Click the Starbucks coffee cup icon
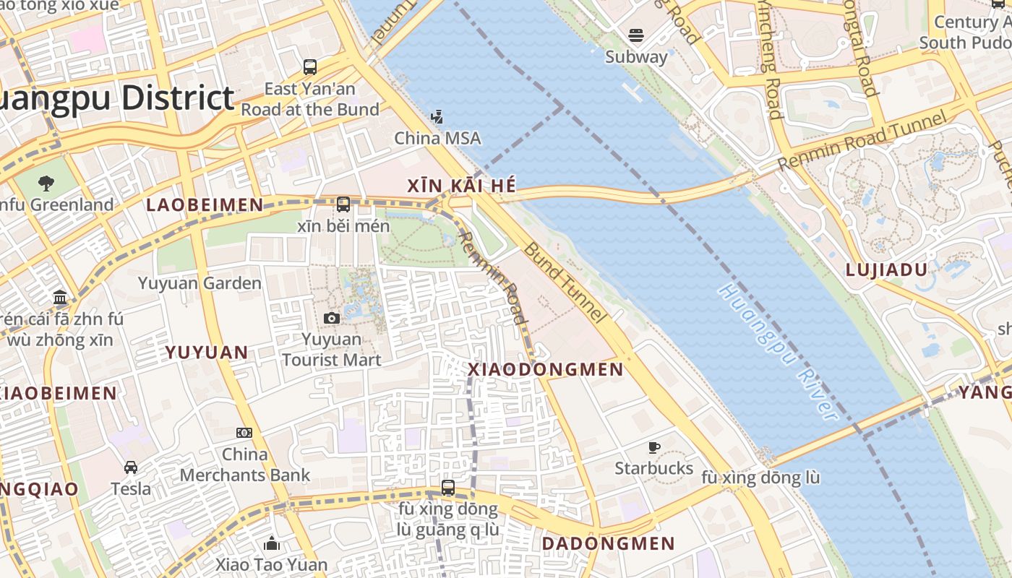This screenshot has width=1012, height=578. point(654,447)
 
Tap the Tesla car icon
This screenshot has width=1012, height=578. point(131,467)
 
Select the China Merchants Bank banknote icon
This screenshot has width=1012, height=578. point(244,433)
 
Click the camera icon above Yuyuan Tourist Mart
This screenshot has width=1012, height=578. point(331,318)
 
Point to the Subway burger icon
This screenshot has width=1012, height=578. point(636,35)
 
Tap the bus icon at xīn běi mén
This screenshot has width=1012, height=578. point(343,204)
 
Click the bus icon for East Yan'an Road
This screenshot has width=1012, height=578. point(310,67)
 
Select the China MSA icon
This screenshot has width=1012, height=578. point(437,116)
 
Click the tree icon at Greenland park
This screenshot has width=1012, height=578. point(46,183)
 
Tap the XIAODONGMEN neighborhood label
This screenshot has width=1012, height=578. point(546,369)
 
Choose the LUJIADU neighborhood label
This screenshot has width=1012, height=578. point(886,270)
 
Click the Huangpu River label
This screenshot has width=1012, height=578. point(779,352)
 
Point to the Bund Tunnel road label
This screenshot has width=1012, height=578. point(564,282)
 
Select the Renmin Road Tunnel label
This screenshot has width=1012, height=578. point(862,142)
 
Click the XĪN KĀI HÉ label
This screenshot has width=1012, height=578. point(462,186)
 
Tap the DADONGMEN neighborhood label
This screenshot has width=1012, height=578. point(608,543)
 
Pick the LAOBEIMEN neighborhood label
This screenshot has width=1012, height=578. point(205,205)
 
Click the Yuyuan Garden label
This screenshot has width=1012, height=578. point(200,282)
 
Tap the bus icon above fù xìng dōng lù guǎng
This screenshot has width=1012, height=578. point(448,488)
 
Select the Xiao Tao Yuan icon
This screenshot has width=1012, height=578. point(272,543)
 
